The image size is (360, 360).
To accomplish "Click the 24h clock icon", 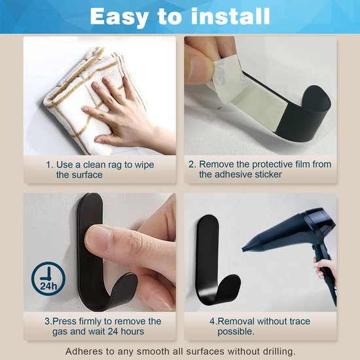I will [x=48, y=279].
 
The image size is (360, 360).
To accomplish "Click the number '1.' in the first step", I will [x=50, y=164].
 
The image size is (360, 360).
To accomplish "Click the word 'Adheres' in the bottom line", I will [x=84, y=350].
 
